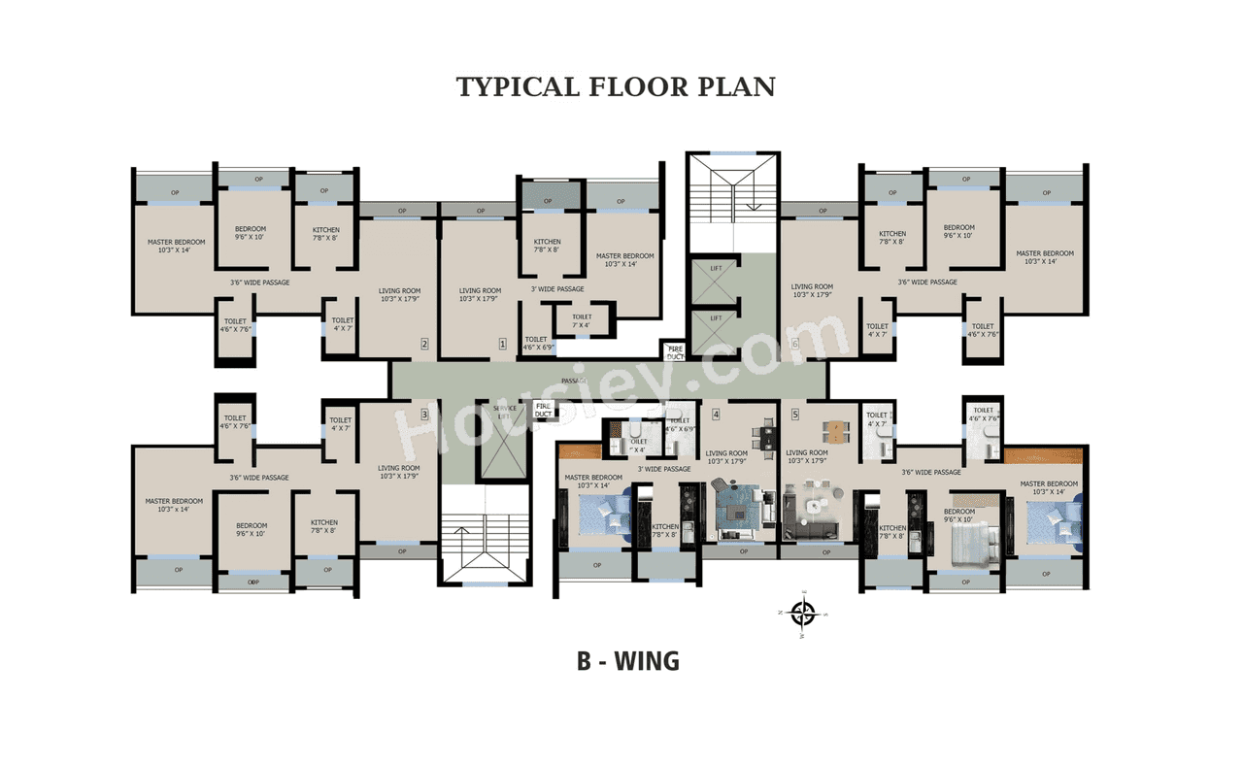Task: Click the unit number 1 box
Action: [x=502, y=343]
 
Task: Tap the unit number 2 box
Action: [x=424, y=343]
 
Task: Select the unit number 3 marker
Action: [x=424, y=414]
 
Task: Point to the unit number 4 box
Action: [x=716, y=415]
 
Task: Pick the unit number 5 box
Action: [x=794, y=415]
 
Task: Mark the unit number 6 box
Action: [x=794, y=343]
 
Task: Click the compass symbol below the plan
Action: [x=803, y=614]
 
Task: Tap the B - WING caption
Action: [x=627, y=661]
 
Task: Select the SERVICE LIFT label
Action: [x=504, y=412]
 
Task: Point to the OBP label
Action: [x=252, y=582]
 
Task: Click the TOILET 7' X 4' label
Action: [x=582, y=320]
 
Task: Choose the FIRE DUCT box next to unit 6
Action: [x=675, y=351]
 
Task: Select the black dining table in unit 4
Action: [x=768, y=439]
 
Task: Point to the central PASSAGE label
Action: [x=573, y=381]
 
